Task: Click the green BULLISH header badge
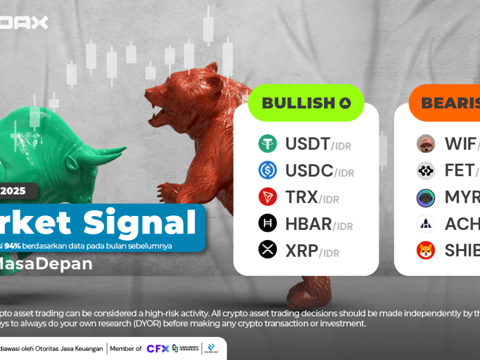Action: [306, 103]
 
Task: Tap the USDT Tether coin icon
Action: [267, 144]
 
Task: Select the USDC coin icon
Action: [267, 170]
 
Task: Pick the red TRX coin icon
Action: [267, 197]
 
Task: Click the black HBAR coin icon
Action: [267, 223]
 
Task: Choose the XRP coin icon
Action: [267, 249]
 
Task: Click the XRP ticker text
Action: [301, 250]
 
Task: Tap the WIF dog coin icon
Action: [425, 144]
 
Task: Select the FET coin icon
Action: [425, 170]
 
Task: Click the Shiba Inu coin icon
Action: [425, 250]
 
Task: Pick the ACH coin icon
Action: [425, 223]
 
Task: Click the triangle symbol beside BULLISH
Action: [345, 103]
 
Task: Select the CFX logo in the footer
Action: [157, 348]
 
